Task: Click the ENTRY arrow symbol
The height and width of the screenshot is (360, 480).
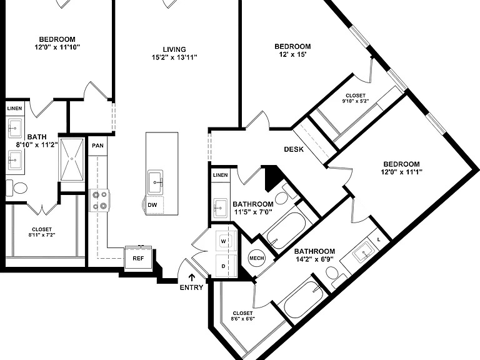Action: point(192,277)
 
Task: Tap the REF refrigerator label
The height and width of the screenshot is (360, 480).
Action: point(138,258)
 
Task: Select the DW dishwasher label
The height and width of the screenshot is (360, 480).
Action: point(152,205)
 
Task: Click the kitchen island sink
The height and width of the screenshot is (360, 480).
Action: point(155,182)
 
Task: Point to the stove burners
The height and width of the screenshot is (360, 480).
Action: point(99,200)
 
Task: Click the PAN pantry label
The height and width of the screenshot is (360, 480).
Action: point(97,146)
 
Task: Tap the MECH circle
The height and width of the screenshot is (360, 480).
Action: point(256,258)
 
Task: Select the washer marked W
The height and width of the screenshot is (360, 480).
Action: point(226,241)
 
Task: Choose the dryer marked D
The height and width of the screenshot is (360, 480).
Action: point(226,266)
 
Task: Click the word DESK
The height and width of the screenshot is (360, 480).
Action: point(294,149)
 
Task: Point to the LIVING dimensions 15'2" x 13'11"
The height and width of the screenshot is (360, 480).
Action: point(174,57)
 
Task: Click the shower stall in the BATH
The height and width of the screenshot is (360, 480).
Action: point(72,159)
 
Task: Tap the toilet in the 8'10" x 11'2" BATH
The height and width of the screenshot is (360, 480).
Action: point(17,188)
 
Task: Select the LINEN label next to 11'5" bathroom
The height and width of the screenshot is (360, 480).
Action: point(221,175)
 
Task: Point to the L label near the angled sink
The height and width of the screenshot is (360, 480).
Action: point(379,240)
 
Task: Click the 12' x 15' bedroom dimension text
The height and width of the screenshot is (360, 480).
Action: point(292,55)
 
